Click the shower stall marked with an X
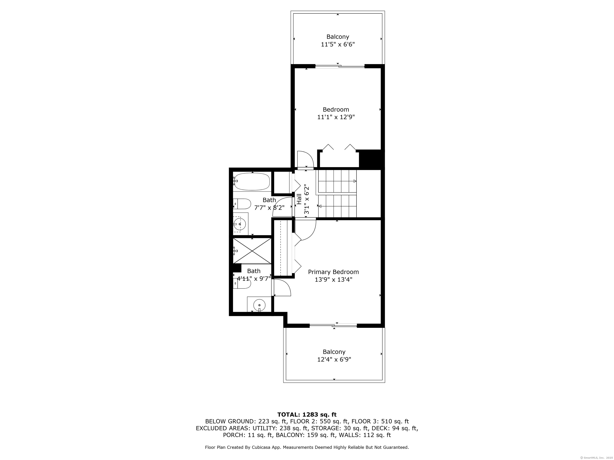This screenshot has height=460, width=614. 252,251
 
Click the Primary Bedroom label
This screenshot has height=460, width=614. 333,272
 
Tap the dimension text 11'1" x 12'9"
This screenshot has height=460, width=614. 336,117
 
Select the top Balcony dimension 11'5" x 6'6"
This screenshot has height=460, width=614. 338,44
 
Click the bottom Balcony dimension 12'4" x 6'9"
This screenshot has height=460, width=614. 334,360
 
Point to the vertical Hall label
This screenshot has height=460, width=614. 299,199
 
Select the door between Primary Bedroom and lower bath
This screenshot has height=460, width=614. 282,288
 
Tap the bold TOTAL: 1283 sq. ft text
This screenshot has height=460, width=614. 307,414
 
